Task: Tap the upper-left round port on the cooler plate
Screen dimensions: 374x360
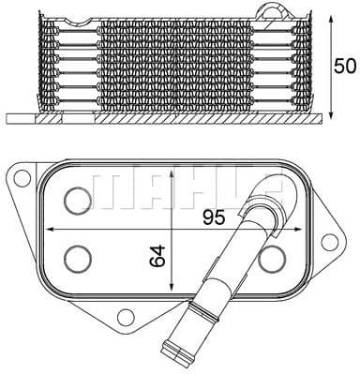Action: pyautogui.click(x=76, y=199)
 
